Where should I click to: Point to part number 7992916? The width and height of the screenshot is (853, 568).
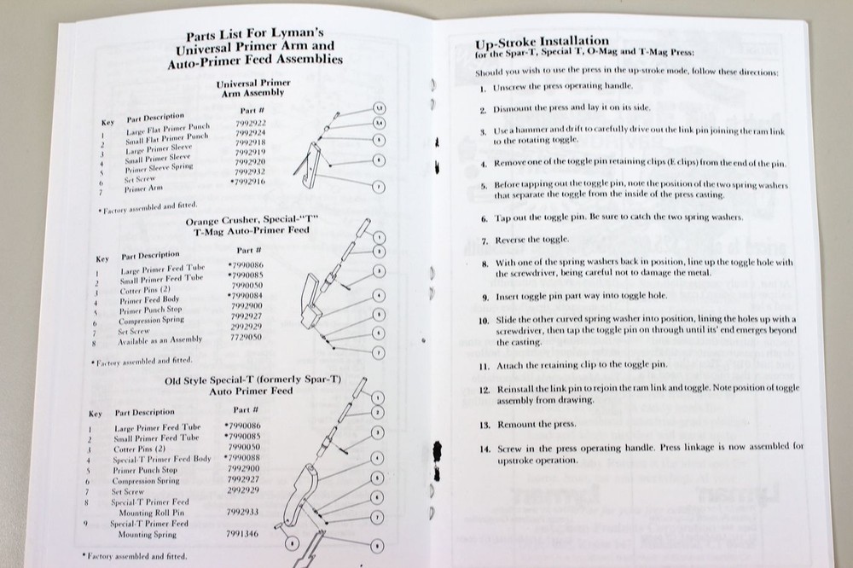[248, 182]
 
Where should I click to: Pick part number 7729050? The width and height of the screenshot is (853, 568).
[247, 338]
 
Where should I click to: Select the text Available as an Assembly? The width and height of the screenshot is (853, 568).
[160, 339]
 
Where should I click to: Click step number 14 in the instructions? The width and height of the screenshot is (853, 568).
[485, 447]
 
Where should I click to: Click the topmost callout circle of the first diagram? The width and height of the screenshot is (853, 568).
[380, 109]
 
